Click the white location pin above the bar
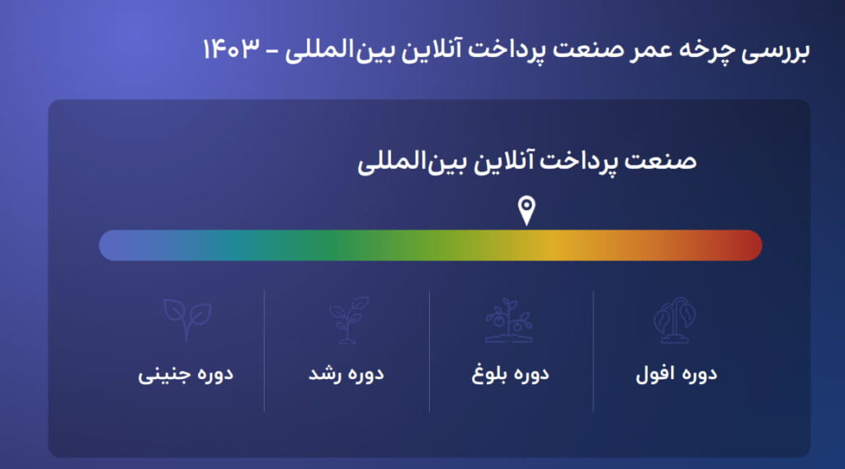point(526,210)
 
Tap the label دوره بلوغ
point(510,374)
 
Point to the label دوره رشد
point(347,374)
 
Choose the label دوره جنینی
point(186,374)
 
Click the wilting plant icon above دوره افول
point(674,320)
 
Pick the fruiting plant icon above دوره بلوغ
point(508,320)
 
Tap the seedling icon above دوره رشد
point(347,320)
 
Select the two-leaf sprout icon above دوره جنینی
point(186,318)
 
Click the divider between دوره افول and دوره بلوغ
point(593,350)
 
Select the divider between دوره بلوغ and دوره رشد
point(429,350)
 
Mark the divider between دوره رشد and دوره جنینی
point(264,350)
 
